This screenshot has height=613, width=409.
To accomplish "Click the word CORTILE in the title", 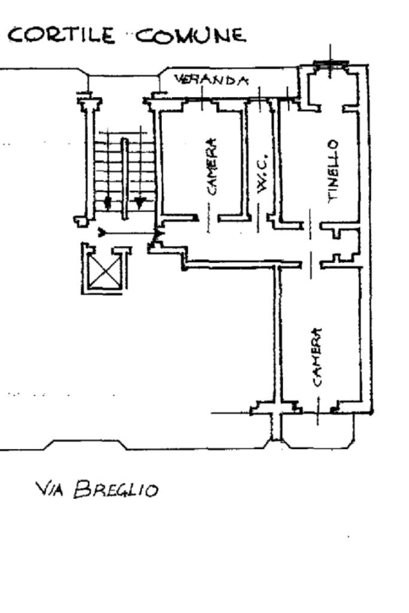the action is point(62,35).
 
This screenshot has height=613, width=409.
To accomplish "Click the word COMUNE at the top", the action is point(191,36).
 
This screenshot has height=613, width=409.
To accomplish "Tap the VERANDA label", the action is point(211,80).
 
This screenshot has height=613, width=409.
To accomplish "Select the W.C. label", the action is point(262,174).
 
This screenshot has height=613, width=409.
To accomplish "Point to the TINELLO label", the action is point(332,171).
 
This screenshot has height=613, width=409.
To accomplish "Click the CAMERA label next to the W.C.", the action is point(211,166).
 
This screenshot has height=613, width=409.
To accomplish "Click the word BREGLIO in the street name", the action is point(116,489).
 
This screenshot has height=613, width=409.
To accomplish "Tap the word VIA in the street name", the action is point(49,488).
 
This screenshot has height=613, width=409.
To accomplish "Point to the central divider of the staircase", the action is point(125,178).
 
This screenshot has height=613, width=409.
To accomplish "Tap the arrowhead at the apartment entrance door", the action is point(158,234).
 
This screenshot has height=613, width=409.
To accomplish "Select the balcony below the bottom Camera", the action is point(318,430).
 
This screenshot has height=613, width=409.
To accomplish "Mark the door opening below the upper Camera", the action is point(208,218).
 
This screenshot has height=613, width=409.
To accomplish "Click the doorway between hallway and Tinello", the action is point(311,226).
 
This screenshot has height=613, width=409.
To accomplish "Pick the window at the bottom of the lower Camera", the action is point(318,410).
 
